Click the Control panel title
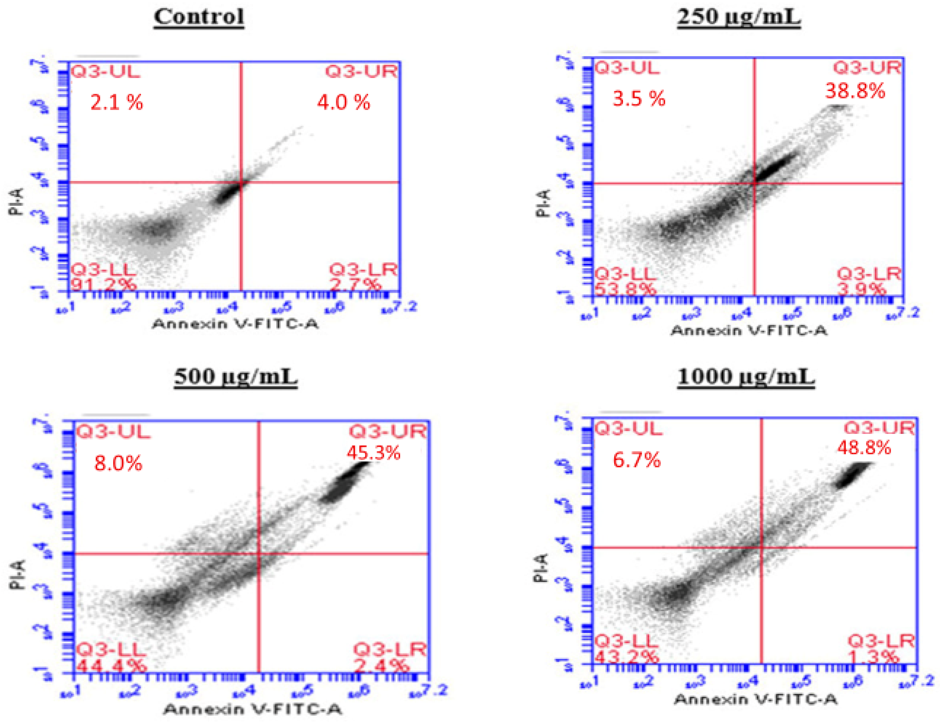199,17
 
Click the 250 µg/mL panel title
738,17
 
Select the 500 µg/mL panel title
236,377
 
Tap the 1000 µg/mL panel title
746,377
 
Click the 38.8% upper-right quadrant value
855,91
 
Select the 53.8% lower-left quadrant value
625,289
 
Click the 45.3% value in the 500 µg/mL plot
374,453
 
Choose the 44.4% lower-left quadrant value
111,666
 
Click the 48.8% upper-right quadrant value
864,448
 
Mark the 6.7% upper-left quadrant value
636,460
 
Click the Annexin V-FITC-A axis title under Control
235,324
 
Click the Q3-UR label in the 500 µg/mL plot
387,432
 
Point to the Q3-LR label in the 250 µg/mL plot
869,274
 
